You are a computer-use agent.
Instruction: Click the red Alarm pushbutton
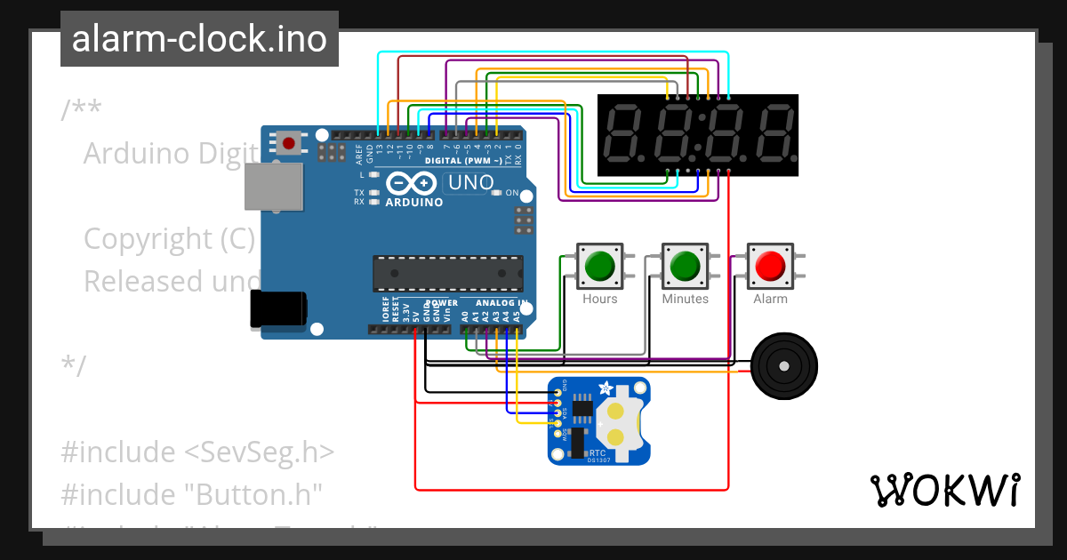[770, 265]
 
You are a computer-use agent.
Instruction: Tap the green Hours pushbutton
[600, 265]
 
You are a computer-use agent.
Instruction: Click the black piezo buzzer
[783, 365]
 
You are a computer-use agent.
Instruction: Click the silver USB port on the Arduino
[272, 186]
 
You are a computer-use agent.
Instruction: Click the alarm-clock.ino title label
[199, 39]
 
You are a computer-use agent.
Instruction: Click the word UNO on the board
[469, 183]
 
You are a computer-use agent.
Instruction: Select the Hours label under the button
[600, 300]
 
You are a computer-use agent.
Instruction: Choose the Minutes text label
[685, 300]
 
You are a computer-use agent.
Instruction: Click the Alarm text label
[770, 300]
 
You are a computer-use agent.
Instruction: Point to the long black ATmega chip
[447, 274]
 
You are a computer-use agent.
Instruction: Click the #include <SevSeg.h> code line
[197, 452]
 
